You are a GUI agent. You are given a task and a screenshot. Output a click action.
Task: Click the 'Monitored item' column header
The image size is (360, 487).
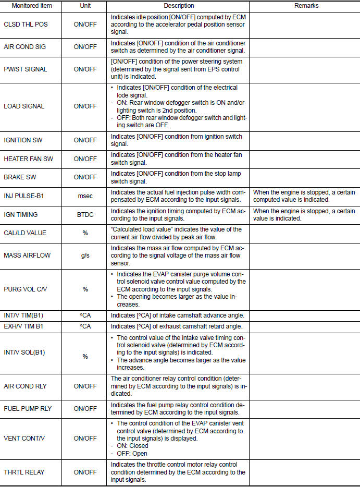coord(31,6)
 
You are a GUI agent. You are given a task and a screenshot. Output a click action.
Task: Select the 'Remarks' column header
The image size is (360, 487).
coord(305,6)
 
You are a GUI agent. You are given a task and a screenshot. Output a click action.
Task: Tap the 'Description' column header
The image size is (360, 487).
coord(179,6)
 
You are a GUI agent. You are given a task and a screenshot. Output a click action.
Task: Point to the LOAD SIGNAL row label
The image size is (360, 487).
coord(24,106)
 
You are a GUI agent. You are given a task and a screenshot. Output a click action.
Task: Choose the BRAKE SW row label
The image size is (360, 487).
coord(19,177)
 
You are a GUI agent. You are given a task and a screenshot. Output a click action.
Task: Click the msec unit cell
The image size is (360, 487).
coord(85,196)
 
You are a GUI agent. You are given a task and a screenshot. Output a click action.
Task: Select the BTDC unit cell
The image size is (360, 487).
coord(85,214)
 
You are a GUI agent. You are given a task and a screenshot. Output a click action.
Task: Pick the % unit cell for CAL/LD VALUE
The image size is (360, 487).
coord(85,233)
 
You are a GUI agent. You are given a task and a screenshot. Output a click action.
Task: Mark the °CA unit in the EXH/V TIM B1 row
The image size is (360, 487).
coord(85,326)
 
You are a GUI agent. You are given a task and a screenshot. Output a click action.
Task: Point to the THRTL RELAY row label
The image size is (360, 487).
coord(24,472)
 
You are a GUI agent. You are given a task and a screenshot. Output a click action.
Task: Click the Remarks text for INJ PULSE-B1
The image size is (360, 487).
coord(304,196)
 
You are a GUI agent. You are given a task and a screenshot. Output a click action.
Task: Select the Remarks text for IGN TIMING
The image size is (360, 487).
coord(304,214)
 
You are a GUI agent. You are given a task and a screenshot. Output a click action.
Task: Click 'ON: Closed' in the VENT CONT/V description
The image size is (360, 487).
coord(130,446)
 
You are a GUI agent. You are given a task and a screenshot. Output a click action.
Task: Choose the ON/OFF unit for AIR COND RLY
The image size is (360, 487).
coord(85,386)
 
